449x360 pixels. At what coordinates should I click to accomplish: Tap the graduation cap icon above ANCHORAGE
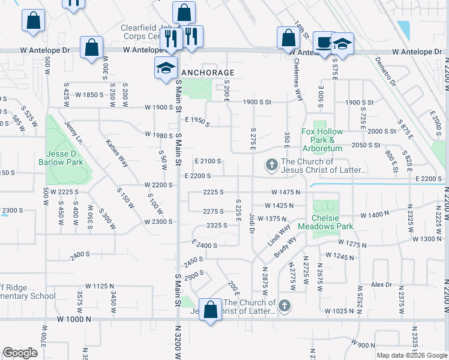pos(166,68)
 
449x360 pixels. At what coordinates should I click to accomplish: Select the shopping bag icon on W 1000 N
pos(210,310)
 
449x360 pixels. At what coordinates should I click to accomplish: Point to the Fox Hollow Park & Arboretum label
pos(322,140)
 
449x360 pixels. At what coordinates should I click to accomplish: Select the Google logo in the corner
pos(20,353)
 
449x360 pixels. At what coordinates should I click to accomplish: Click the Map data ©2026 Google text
pos(411,355)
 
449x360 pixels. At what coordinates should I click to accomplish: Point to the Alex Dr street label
pos(381,284)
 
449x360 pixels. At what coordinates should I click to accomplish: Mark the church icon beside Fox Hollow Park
pos(272,164)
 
